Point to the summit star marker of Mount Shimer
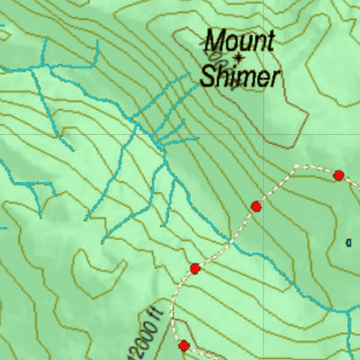(238, 57)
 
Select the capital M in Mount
(214, 40)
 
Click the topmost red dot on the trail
(338, 175)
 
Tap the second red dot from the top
(256, 207)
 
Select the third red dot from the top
(194, 268)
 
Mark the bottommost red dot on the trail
(184, 346)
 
